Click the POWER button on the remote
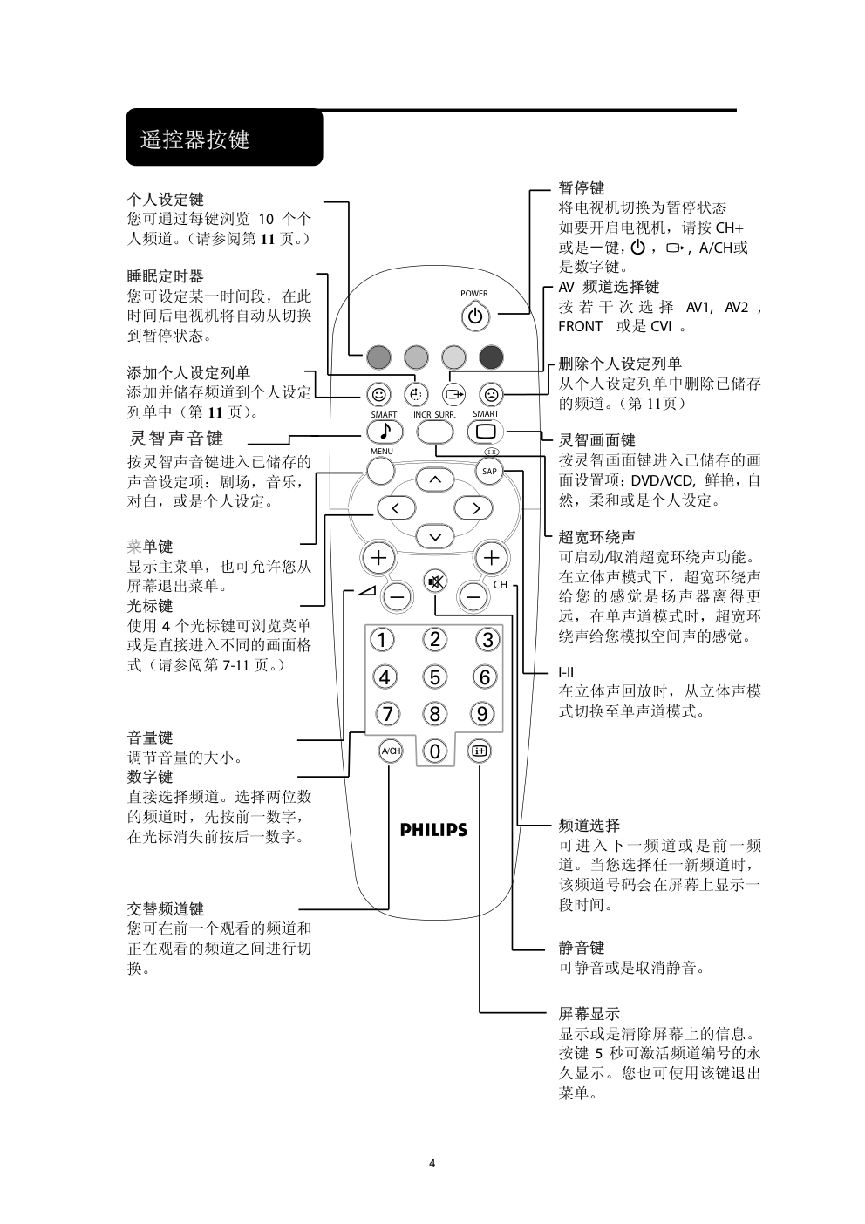click(x=474, y=316)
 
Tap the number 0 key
click(x=434, y=751)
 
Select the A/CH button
click(x=390, y=750)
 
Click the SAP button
click(x=489, y=472)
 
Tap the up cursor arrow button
click(x=435, y=479)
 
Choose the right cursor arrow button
click(x=474, y=507)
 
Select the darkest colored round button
click(x=491, y=356)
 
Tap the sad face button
click(x=491, y=394)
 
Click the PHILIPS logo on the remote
click(x=433, y=830)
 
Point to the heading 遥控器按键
click(x=195, y=139)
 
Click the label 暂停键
click(x=581, y=187)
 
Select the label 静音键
click(x=581, y=948)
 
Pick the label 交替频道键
click(x=166, y=908)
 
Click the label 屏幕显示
click(x=589, y=1013)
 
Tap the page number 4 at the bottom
click(x=432, y=1163)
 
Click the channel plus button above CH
click(x=491, y=557)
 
